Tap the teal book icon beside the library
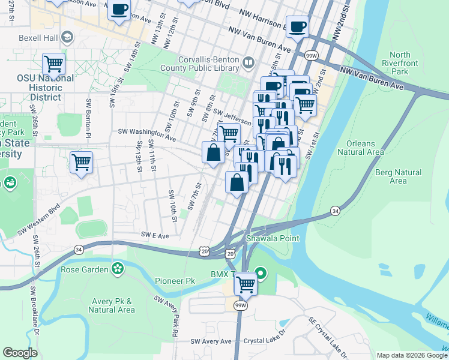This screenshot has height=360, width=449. pyautogui.click(x=248, y=61)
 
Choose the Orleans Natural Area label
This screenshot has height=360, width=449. pyautogui.click(x=360, y=148)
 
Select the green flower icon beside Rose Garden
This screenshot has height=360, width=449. pyautogui.click(x=118, y=269)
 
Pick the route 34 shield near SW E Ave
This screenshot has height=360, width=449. pyautogui.click(x=78, y=249)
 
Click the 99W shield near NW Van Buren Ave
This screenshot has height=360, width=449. pyautogui.click(x=310, y=55)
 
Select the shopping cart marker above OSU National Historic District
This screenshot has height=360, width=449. pyautogui.click(x=53, y=63)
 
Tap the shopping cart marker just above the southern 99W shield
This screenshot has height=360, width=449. pyautogui.click(x=246, y=283)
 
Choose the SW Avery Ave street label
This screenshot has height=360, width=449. pyautogui.click(x=211, y=341)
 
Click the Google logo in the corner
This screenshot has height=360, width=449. pyautogui.click(x=20, y=353)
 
